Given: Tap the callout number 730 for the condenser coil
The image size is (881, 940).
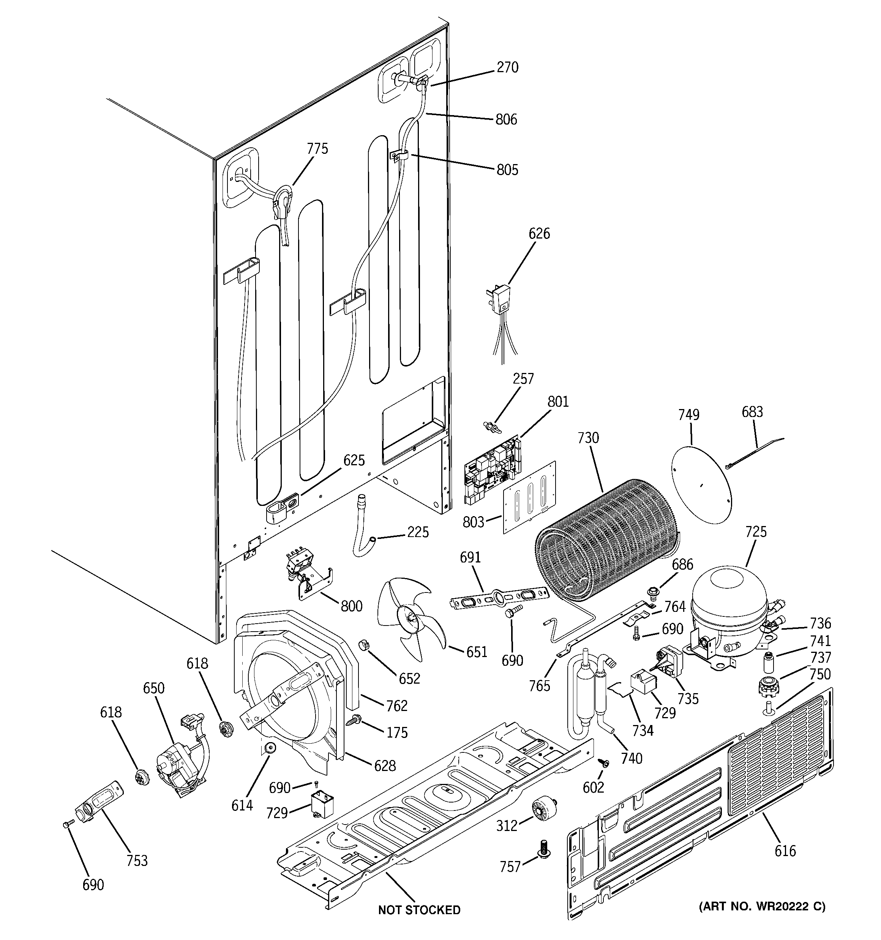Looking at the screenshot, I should pyautogui.click(x=588, y=438).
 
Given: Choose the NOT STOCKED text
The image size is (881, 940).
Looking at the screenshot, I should pyautogui.click(x=419, y=910).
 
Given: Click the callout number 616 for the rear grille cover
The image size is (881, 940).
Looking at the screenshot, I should pyautogui.click(x=785, y=851).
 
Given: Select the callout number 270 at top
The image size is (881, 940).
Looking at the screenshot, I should pyautogui.click(x=507, y=68).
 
